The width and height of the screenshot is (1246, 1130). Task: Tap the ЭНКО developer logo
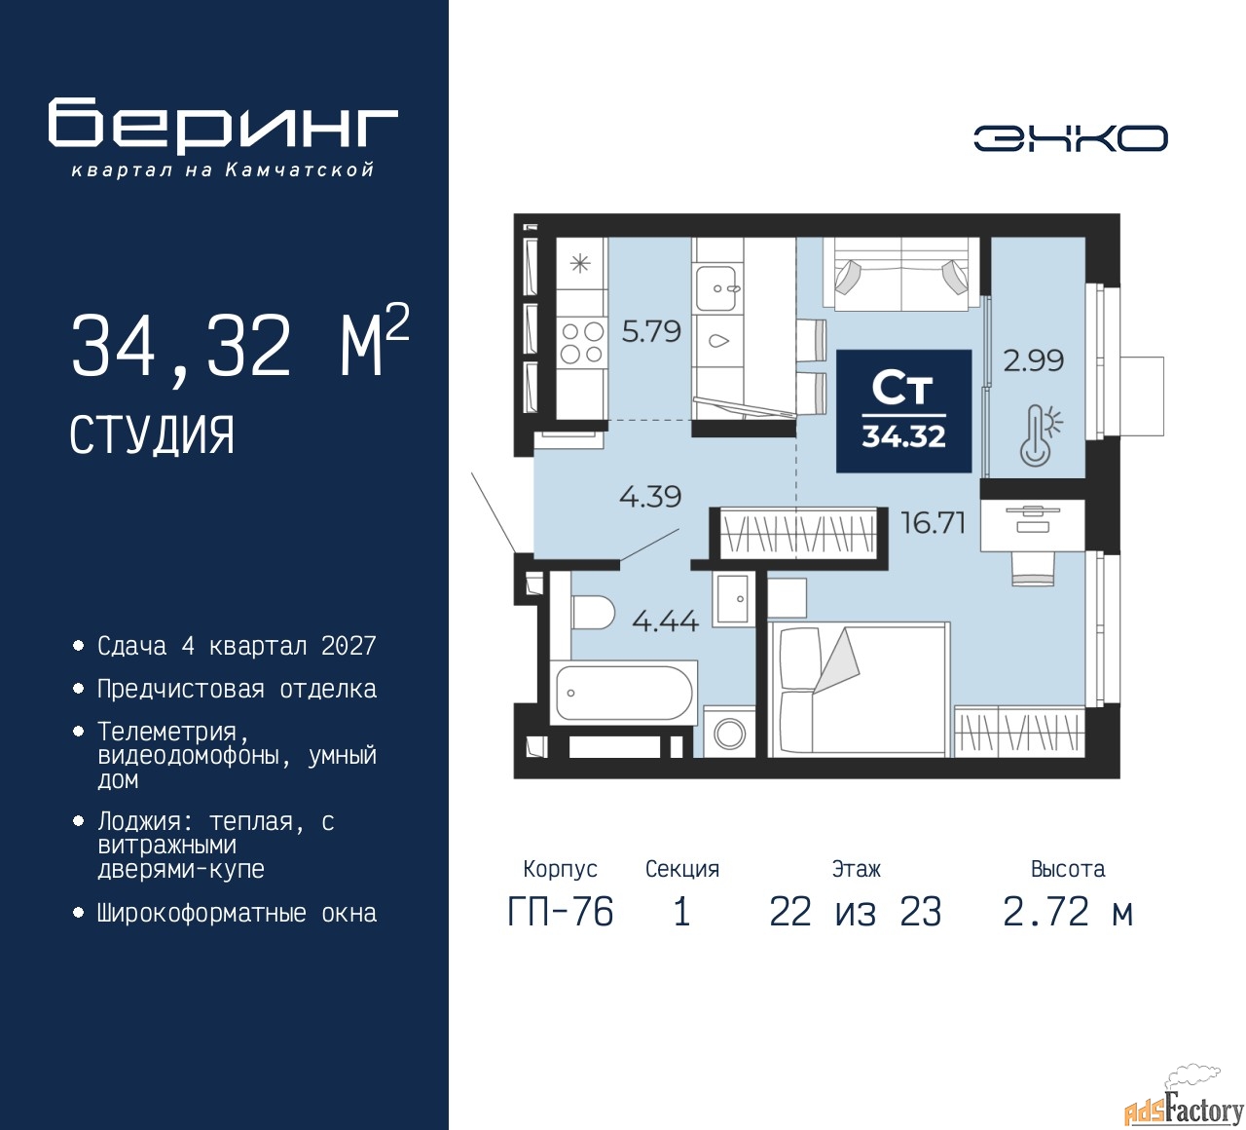(x=1070, y=138)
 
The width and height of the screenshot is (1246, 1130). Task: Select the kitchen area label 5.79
(x=651, y=331)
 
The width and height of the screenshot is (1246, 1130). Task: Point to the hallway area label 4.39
(x=650, y=497)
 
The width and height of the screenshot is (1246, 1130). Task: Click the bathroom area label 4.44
(x=665, y=621)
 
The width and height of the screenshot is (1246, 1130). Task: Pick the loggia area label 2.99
(x=1034, y=360)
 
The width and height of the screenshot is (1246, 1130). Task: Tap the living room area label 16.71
(x=933, y=523)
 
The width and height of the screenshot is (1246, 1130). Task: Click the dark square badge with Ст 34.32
(x=903, y=411)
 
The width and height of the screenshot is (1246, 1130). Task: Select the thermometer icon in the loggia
(x=1040, y=434)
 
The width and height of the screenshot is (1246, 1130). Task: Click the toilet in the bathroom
(x=592, y=612)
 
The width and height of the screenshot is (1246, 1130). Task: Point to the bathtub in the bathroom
(x=624, y=693)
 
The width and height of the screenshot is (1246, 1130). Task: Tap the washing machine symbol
(x=729, y=733)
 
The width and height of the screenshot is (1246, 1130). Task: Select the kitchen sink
(x=717, y=288)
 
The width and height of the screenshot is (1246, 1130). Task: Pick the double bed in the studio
(x=860, y=690)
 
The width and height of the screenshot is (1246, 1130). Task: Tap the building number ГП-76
(x=561, y=912)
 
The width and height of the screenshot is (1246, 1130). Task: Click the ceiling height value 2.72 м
(x=1068, y=912)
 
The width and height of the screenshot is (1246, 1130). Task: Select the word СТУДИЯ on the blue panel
(x=152, y=435)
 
